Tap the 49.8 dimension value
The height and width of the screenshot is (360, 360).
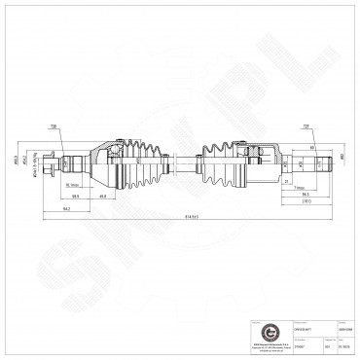click(x=128, y=195)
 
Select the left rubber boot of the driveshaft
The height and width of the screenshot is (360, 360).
click(x=137, y=159)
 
